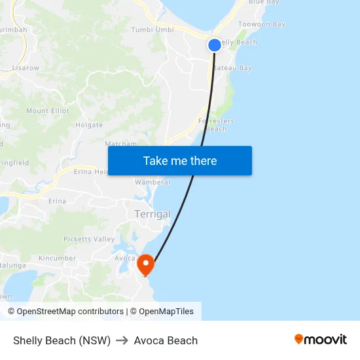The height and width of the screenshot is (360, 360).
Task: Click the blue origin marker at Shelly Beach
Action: pos(215,45)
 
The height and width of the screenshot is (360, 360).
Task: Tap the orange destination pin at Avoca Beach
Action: pos(145,264)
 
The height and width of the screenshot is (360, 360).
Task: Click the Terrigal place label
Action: pos(152,214)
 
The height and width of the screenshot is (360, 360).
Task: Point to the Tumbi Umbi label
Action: pos(152,29)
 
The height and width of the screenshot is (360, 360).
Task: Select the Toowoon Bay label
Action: pos(262,24)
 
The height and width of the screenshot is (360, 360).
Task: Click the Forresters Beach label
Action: pos(216,124)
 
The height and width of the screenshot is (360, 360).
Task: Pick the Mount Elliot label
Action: pos(48,111)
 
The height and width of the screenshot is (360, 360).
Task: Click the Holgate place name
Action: pos(89,124)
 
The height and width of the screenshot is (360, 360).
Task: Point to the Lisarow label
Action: pos(26,67)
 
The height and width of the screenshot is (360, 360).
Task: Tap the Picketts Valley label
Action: pos(89,239)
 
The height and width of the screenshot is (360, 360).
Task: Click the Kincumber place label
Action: pos(57,259)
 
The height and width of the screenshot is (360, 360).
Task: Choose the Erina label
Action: pos(57,201)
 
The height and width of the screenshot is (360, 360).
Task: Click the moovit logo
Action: pos(320,339)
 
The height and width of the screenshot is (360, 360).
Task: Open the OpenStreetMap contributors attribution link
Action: pos(69,312)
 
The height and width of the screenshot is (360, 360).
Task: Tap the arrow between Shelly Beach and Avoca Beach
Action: pos(122,340)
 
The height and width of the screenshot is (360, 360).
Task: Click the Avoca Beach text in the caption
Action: pos(166,340)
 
